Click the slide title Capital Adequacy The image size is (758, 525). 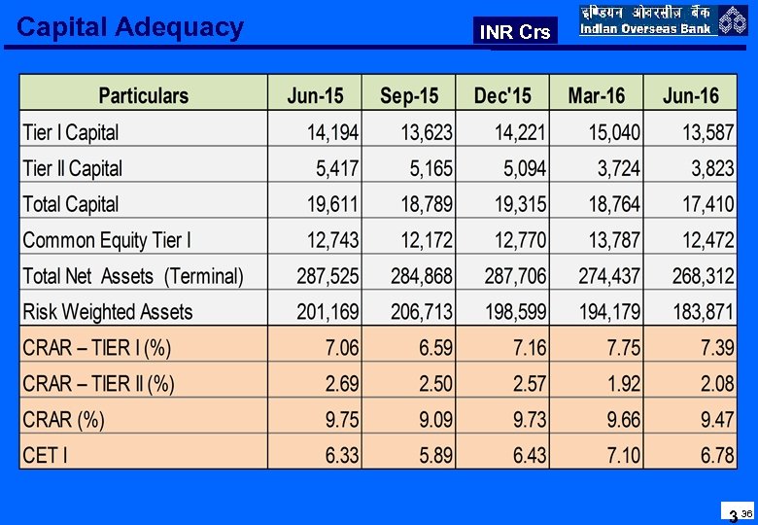pos(130,27)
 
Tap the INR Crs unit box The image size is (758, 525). pos(515,32)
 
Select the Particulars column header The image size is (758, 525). pos(144,95)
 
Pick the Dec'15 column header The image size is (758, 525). pos(502,95)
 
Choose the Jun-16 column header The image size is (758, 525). pos(690,95)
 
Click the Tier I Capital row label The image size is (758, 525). pos(70,132)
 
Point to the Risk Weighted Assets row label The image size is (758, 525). pos(107,312)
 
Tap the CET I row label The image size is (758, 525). pos(45,455)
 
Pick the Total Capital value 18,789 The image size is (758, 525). pos(422,204)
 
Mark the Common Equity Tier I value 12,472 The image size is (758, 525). pos(707,240)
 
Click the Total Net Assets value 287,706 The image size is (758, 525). pos(515,276)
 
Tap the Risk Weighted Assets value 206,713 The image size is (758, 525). pos(422,312)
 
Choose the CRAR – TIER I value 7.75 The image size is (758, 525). pos(623,348)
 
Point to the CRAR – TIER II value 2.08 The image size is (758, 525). pos(717,383)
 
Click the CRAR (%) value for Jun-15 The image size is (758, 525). pos(342,419)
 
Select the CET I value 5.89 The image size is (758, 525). pos(435,455)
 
